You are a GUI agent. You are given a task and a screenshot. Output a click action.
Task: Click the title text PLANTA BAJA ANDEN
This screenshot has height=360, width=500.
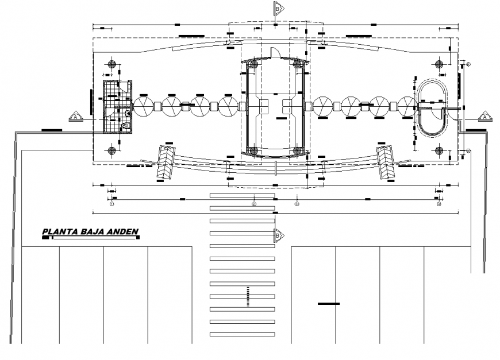tap(90, 233)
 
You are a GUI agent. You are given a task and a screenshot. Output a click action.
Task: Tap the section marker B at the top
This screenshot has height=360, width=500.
tap(277, 9)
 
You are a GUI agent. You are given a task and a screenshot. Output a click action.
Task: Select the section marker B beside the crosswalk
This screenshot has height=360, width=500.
tap(278, 234)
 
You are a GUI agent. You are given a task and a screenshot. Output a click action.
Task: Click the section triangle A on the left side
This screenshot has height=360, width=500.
tap(75, 117)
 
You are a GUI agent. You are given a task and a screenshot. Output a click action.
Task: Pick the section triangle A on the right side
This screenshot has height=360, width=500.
tap(484, 117)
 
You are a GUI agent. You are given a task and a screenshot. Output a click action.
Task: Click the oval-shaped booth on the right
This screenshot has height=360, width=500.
tap(431, 107)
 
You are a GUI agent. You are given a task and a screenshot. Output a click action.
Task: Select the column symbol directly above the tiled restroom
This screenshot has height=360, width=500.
tap(112, 64)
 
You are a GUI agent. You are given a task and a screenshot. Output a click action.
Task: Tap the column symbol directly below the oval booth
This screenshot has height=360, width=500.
tap(440, 151)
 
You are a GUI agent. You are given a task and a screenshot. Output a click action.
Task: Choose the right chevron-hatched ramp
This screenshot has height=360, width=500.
tap(385, 162)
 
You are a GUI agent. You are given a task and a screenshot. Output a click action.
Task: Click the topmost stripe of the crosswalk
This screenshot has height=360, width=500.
tap(242, 196)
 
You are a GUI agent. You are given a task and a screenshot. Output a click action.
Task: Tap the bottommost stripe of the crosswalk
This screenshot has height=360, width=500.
tap(242, 334)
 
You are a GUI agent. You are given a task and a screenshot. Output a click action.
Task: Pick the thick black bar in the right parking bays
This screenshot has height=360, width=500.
tap(329, 303)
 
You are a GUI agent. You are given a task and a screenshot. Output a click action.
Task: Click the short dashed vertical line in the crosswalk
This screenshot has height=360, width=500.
tap(248, 296)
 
